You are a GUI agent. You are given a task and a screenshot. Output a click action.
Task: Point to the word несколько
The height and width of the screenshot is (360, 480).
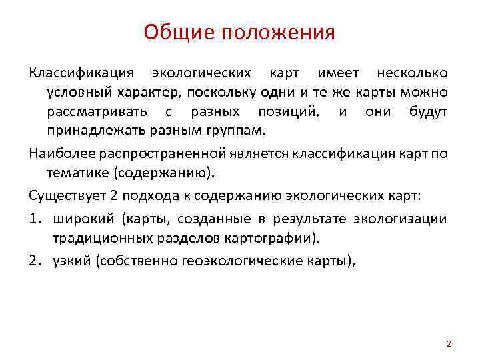click(x=412, y=73)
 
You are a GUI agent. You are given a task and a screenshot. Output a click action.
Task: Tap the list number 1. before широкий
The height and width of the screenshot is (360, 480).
click(x=37, y=219)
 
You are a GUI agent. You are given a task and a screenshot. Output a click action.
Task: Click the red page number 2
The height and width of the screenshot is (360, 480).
click(x=449, y=344)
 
